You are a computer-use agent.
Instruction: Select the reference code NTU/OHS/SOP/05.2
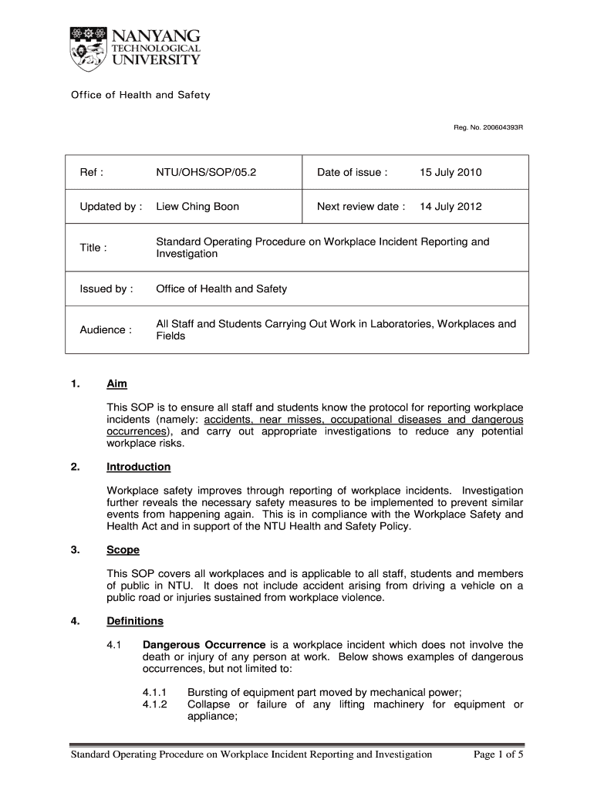(206, 173)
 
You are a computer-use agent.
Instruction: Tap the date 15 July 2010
(451, 173)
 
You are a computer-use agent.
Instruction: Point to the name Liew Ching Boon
(197, 207)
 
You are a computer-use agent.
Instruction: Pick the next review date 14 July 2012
(451, 207)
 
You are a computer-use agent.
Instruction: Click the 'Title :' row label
(93, 248)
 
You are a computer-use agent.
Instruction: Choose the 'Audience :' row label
(106, 330)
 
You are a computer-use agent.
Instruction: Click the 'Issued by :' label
(106, 289)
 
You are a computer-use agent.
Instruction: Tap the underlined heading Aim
(116, 384)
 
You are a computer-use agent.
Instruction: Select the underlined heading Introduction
(139, 468)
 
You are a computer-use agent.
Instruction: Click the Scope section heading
(123, 551)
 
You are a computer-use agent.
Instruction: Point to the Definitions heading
(135, 621)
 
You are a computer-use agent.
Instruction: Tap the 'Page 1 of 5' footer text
(498, 755)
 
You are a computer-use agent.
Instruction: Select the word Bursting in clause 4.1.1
(208, 693)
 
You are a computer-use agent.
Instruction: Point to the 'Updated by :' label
(111, 207)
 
